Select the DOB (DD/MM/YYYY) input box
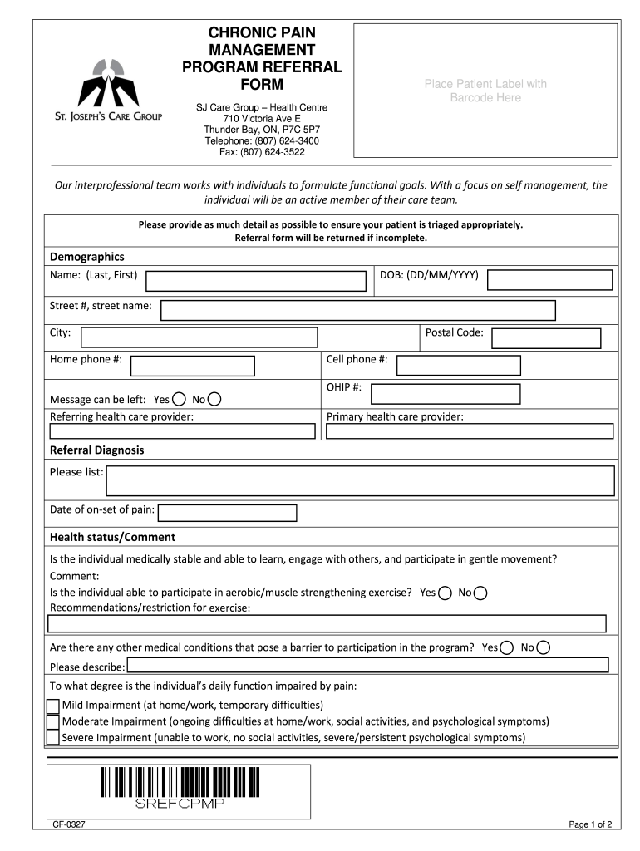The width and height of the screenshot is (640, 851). [549, 279]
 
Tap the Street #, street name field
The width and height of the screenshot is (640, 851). [357, 310]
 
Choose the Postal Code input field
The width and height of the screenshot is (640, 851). [545, 337]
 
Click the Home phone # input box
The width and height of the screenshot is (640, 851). [193, 366]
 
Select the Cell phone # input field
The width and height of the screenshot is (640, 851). [459, 365]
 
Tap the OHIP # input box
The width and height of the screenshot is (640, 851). [446, 394]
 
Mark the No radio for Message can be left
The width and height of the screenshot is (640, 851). [214, 399]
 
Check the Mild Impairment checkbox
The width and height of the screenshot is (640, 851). [53, 706]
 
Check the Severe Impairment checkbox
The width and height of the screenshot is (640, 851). [53, 737]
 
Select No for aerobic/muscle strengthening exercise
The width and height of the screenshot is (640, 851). [480, 593]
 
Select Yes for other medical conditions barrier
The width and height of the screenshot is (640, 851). [507, 647]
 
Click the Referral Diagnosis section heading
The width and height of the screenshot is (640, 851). [97, 450]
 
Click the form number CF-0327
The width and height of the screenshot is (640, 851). [70, 824]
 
